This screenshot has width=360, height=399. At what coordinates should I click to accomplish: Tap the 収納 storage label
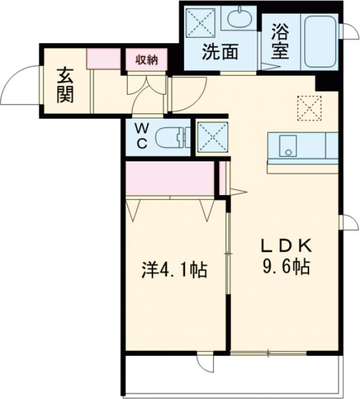pos(146,60)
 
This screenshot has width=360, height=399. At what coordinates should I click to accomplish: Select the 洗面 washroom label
pos(219,53)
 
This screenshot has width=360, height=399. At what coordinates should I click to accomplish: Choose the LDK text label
pos(286,246)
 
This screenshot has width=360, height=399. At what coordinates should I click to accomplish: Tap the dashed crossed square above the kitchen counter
pos(310,108)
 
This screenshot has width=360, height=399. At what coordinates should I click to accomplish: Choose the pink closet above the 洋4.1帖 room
pos(170,178)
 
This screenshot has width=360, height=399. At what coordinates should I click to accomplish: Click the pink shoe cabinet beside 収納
pos(104,59)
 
